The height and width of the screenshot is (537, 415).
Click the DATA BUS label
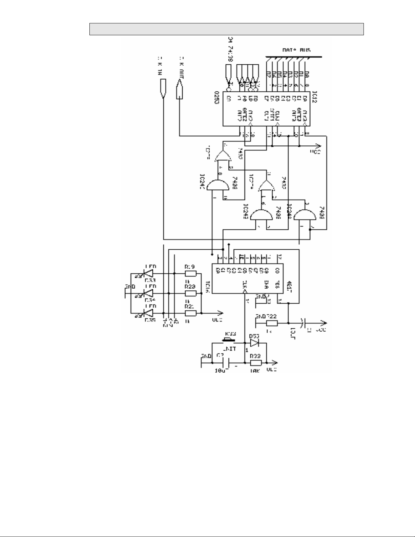[296, 50]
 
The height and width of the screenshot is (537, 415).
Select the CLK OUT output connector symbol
[179, 90]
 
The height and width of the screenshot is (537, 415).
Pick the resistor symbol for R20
[190, 293]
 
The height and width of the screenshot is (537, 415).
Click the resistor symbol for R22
[272, 323]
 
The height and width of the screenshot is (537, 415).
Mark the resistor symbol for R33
[256, 363]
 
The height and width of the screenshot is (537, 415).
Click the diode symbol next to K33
[255, 343]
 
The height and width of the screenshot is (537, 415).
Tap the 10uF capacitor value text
[222, 371]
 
